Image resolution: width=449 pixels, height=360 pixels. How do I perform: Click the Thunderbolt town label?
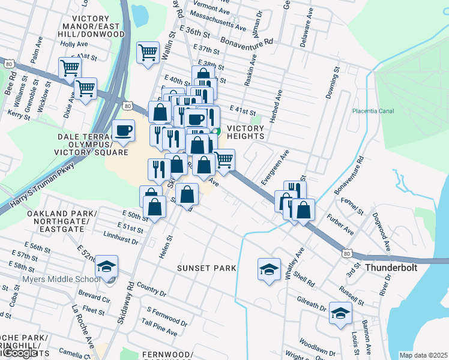392,267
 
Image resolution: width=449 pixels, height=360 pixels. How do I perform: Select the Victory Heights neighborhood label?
246,133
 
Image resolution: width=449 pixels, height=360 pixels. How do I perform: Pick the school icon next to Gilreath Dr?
340,313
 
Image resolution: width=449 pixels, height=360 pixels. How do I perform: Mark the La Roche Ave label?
83,325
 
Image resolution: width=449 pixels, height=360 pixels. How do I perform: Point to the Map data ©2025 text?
423,355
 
